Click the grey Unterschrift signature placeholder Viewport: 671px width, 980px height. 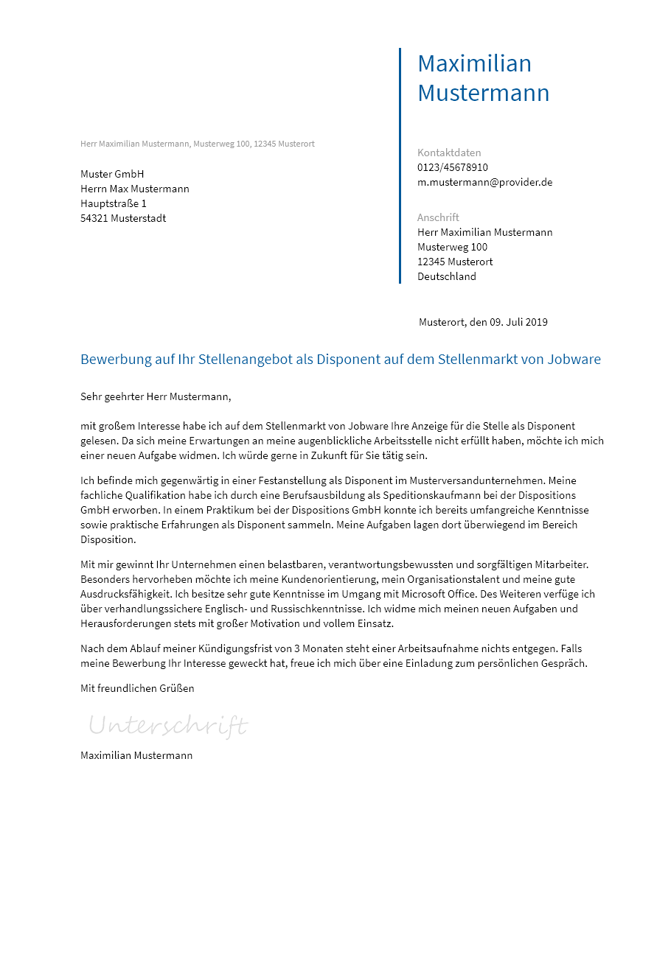click(x=168, y=726)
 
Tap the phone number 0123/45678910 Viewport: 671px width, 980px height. click(x=452, y=167)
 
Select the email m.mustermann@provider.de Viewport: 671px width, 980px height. click(x=484, y=182)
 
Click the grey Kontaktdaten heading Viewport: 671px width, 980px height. click(x=448, y=153)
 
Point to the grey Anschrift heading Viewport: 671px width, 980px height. click(x=438, y=217)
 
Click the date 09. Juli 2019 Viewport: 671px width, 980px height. click(x=518, y=322)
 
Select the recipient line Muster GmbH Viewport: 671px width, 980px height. click(x=112, y=174)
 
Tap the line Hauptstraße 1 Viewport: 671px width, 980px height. click(x=114, y=203)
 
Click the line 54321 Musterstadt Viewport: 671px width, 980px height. click(x=123, y=218)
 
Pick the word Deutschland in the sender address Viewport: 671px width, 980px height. click(x=447, y=276)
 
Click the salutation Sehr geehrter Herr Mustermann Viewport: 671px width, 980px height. click(x=156, y=396)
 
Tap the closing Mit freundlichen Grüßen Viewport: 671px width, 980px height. click(x=137, y=688)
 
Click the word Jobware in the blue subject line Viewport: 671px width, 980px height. click(x=574, y=360)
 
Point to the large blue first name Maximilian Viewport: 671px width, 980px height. click(x=474, y=64)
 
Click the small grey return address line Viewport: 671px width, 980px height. click(x=197, y=144)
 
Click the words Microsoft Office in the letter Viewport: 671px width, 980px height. click(x=439, y=594)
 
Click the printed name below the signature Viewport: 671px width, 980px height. click(x=136, y=755)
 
